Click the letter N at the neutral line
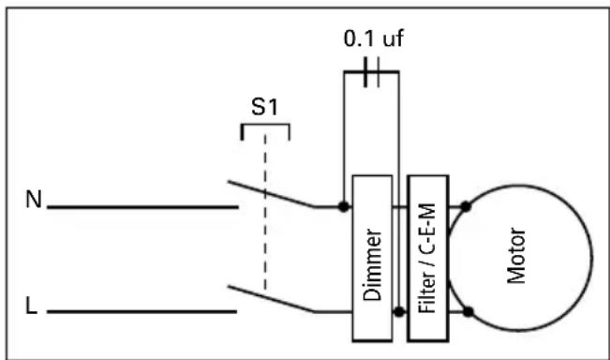[x=33, y=201]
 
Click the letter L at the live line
[x=33, y=307]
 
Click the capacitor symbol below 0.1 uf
[x=372, y=72]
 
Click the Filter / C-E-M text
[x=429, y=258]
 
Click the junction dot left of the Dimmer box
[x=344, y=205]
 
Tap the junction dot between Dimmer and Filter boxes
[x=398, y=310]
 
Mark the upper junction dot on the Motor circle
[x=466, y=205]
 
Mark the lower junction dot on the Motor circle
[x=466, y=310]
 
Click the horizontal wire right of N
[x=141, y=206]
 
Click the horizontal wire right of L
[x=141, y=310]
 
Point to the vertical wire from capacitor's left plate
[x=344, y=131]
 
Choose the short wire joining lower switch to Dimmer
[x=331, y=310]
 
